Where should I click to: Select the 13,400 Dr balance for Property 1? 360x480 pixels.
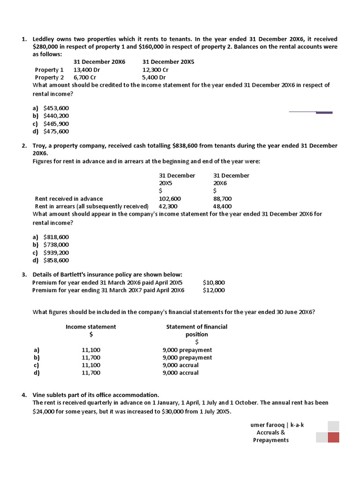pyautogui.click(x=87, y=70)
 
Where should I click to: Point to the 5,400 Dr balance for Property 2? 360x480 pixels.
pyautogui.click(x=154, y=77)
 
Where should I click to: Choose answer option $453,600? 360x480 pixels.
pyautogui.click(x=56, y=108)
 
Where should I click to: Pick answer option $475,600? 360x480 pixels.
pyautogui.click(x=56, y=131)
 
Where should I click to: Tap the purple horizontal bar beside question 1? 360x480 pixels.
pyautogui.click(x=324, y=112)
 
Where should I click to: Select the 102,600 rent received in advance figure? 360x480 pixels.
pyautogui.click(x=170, y=199)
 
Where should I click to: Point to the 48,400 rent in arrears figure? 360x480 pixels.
pyautogui.click(x=222, y=206)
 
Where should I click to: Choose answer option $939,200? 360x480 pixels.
pyautogui.click(x=56, y=252)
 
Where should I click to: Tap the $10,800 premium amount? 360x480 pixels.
pyautogui.click(x=214, y=283)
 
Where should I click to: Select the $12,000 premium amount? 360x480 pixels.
pyautogui.click(x=214, y=290)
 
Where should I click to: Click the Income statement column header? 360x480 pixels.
pyautogui.click(x=91, y=327)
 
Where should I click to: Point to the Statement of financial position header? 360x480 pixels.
pyautogui.click(x=197, y=330)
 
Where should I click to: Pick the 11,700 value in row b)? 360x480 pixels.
pyautogui.click(x=91, y=358)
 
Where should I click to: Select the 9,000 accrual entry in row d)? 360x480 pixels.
pyautogui.click(x=180, y=373)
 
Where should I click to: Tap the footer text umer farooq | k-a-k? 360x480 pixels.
pyautogui.click(x=277, y=425)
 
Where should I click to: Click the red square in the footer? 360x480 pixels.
pyautogui.click(x=333, y=438)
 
